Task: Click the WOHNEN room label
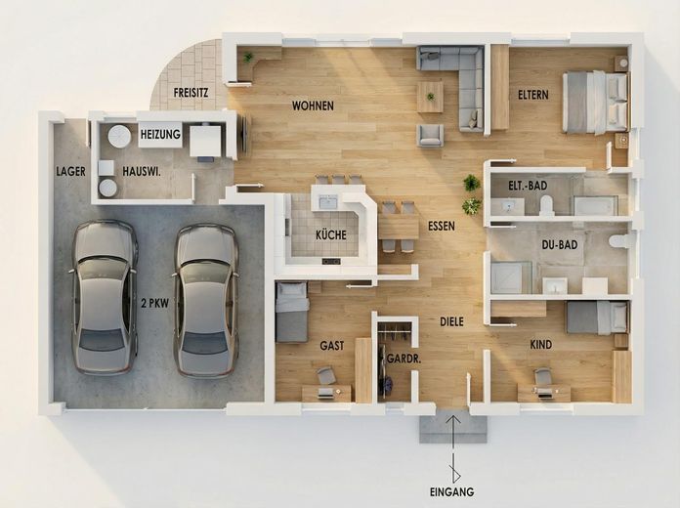coord(313,106)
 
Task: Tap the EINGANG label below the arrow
coord(451,492)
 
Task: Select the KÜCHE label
coord(331,235)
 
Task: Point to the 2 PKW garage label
coord(154,303)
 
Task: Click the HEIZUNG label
coord(160,135)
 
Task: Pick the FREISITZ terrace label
coord(191,93)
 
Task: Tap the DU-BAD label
coord(560,245)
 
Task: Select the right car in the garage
coord(206,300)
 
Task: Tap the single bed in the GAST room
coord(292,312)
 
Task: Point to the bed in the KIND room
coord(597,317)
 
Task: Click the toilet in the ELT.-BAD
coord(547,205)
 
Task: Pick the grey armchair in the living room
coord(430,136)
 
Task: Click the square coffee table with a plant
coord(430,97)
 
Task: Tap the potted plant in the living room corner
coord(249,57)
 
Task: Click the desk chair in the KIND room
coord(542,376)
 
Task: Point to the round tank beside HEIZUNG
coord(119,136)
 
